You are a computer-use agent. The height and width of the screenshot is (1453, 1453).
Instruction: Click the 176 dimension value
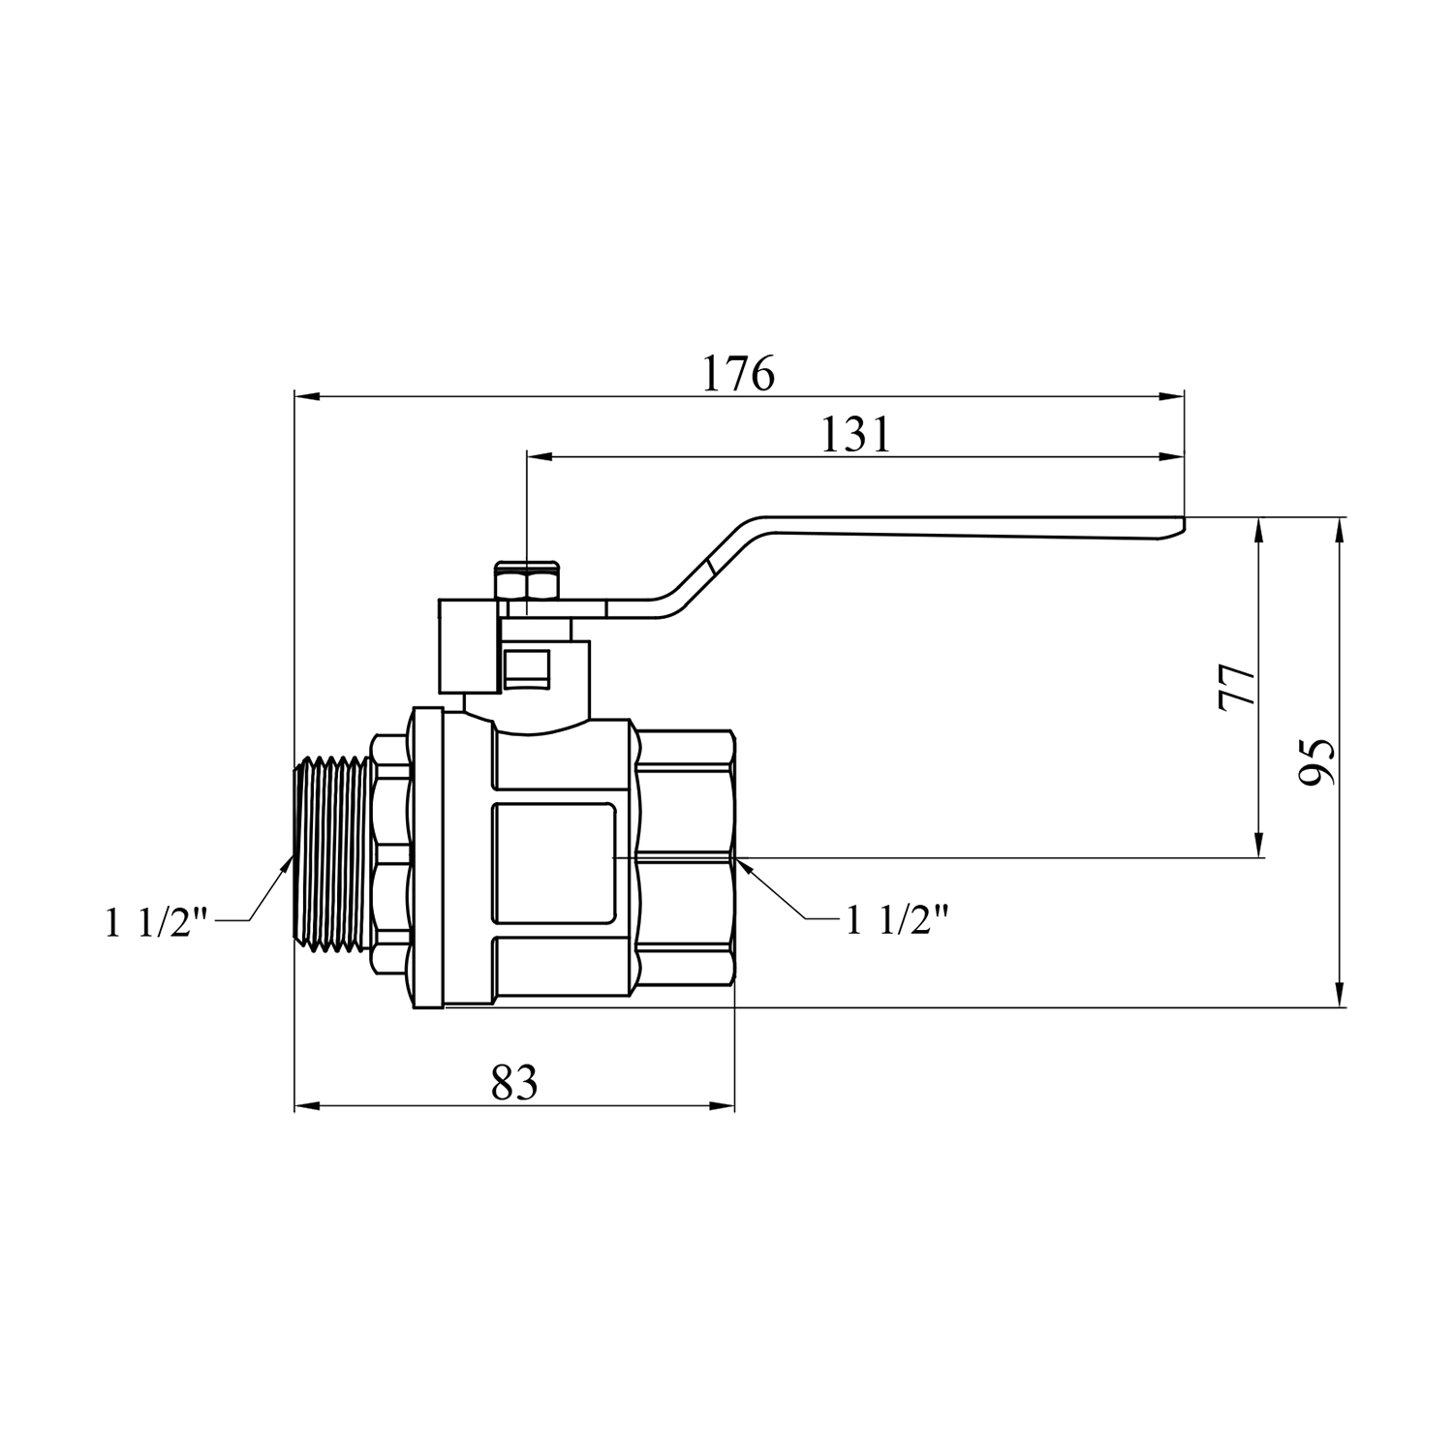pos(739,373)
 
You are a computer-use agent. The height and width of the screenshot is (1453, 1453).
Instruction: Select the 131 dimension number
pos(855,435)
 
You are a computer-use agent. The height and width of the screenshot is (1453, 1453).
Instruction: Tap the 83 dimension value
pos(513,1082)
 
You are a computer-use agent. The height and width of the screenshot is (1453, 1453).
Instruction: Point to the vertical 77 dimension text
pos(1237,688)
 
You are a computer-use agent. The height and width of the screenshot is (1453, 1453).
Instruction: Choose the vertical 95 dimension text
pos(1316,761)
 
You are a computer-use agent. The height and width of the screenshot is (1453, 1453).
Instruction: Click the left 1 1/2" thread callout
pos(158,921)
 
